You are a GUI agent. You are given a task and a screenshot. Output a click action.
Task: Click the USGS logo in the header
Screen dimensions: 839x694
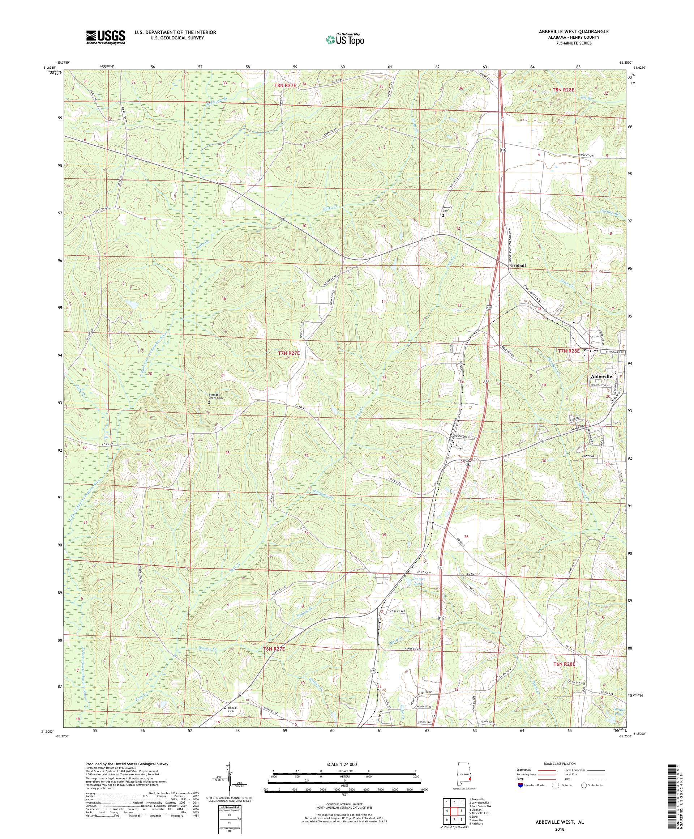pos(106,37)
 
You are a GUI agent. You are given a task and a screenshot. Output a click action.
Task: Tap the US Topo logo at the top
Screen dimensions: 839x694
pos(346,39)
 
